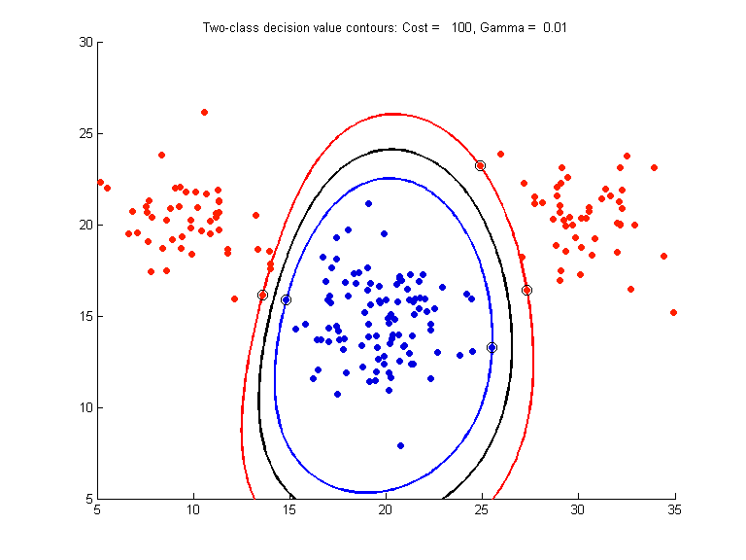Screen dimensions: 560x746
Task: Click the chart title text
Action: [x=384, y=27]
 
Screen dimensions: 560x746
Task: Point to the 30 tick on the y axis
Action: [x=85, y=42]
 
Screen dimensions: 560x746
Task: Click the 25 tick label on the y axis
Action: [x=85, y=133]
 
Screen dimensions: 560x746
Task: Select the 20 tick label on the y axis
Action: [x=85, y=225]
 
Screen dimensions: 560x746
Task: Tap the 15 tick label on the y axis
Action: [x=85, y=316]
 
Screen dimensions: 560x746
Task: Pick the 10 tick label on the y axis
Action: [x=85, y=407]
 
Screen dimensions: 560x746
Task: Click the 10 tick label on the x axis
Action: [x=193, y=508]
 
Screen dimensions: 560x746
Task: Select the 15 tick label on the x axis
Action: [x=289, y=508]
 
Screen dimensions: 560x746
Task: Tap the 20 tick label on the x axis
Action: [x=386, y=508]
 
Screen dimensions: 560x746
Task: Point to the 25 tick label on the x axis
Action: [x=482, y=508]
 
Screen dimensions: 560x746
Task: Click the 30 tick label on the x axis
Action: [x=578, y=508]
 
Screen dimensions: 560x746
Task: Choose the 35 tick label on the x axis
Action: [x=674, y=508]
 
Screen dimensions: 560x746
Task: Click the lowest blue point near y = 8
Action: [x=400, y=445]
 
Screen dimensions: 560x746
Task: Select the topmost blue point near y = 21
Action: [x=368, y=203]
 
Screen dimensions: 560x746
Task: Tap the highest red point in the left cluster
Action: [x=204, y=112]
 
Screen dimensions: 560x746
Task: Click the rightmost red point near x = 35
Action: [x=673, y=312]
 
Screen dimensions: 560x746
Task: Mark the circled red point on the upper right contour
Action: [x=480, y=165]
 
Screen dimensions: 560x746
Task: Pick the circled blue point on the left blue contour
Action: [x=286, y=299]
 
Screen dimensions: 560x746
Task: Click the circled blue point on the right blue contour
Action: [x=492, y=347]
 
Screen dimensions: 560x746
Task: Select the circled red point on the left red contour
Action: [x=262, y=295]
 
